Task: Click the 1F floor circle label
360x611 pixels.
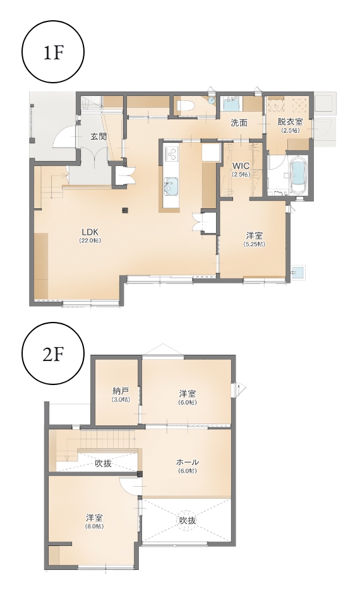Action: pyautogui.click(x=54, y=53)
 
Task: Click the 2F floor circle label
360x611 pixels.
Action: pyautogui.click(x=54, y=354)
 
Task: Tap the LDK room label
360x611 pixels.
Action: pyautogui.click(x=90, y=231)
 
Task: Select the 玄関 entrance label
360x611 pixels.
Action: pyautogui.click(x=99, y=136)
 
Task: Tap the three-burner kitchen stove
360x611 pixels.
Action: pyautogui.click(x=171, y=153)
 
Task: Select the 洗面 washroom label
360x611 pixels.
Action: pyautogui.click(x=239, y=122)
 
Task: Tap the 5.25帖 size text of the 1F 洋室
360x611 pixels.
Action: pyautogui.click(x=254, y=244)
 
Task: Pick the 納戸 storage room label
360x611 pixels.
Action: pyautogui.click(x=121, y=390)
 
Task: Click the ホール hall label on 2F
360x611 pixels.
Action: pyautogui.click(x=188, y=462)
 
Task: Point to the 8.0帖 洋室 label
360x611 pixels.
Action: pyautogui.click(x=95, y=518)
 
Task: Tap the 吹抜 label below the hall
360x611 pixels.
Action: pyautogui.click(x=188, y=520)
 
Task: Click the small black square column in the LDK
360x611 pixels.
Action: pyautogui.click(x=125, y=210)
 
